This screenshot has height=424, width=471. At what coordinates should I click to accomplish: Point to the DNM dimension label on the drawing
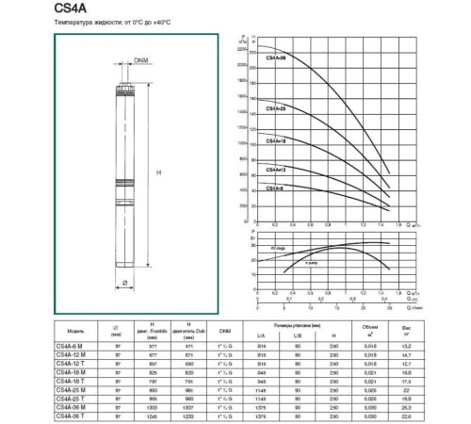coord(141,62)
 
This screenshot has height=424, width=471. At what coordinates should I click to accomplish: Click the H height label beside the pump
coord(157,171)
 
